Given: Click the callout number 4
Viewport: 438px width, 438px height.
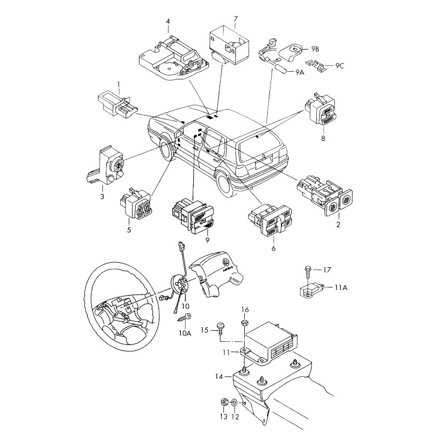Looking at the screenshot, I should click(x=168, y=22).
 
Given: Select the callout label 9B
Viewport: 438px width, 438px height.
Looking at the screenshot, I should click(x=315, y=49).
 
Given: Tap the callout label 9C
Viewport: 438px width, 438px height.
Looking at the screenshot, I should click(x=340, y=66).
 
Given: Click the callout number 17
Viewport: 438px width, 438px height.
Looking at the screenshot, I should click(x=327, y=269).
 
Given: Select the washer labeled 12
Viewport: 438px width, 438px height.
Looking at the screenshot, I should click(x=234, y=404).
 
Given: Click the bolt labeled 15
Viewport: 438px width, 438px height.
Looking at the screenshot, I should click(x=221, y=329).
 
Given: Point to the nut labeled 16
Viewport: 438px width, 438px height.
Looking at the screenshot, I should click(x=245, y=322).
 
